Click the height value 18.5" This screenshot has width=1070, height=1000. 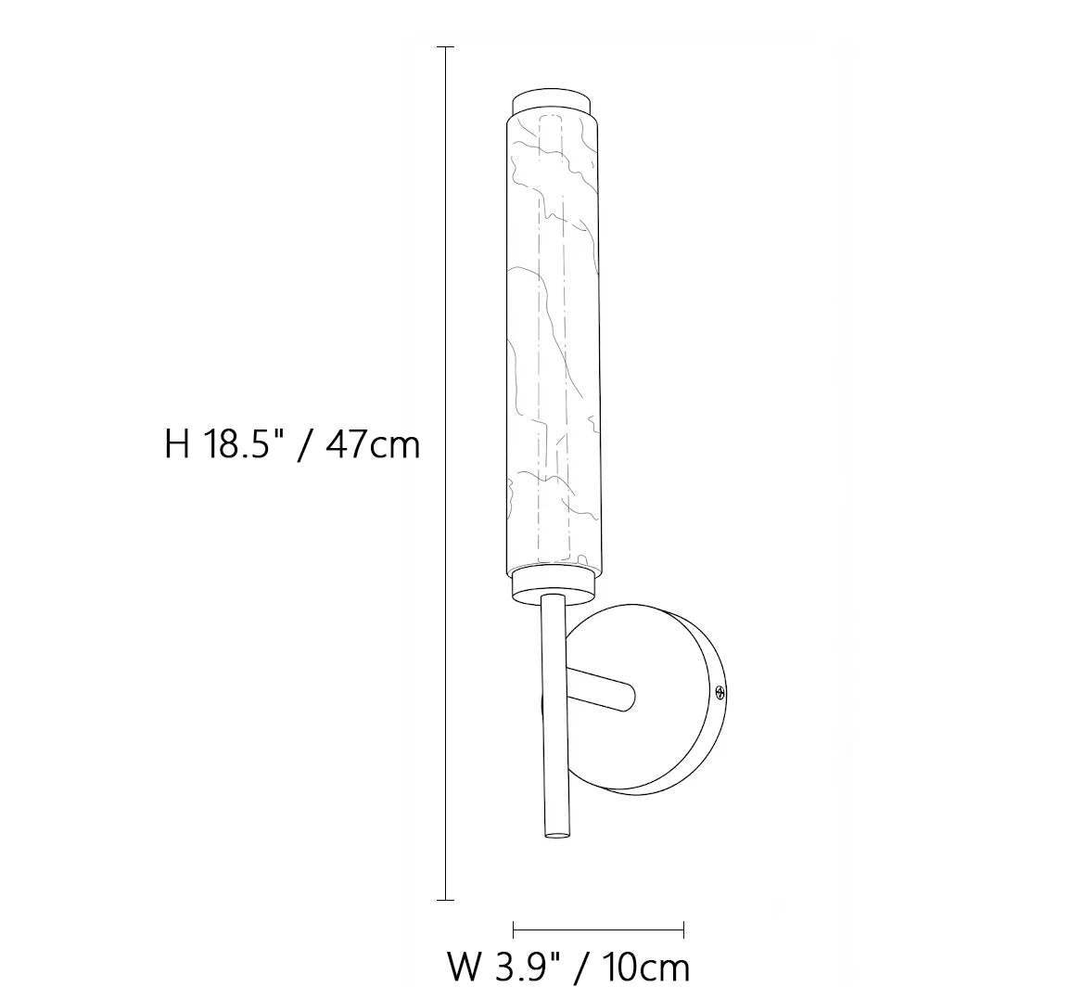tap(242, 445)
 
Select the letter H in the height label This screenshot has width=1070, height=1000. tap(177, 446)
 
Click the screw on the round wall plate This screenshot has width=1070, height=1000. tap(719, 694)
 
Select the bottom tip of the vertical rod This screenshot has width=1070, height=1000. tap(556, 836)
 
